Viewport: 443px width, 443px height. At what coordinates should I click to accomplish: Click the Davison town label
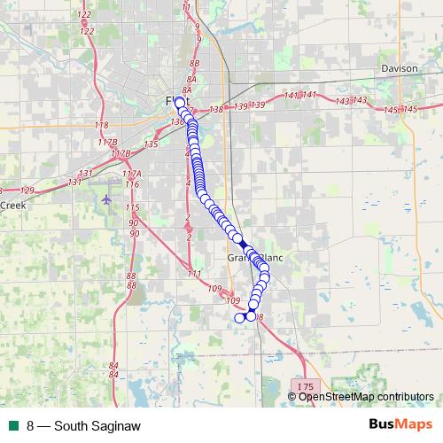pos(398,68)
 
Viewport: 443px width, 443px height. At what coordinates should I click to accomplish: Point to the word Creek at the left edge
pos(13,204)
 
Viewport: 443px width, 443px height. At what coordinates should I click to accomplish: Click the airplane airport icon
pos(107,198)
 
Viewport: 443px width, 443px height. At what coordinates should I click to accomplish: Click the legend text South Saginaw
pos(97,426)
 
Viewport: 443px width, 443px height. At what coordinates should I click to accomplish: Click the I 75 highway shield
pos(305,387)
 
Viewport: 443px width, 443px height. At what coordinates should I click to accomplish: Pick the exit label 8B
pos(196,65)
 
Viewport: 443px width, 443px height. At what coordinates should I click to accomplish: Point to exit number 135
pos(151,144)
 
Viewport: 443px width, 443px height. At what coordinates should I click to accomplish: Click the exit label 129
pos(27,190)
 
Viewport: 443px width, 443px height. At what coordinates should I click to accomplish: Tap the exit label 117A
pos(132,174)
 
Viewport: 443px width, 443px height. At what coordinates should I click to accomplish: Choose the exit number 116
pos(132,184)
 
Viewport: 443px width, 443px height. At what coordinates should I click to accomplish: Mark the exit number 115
pos(133,207)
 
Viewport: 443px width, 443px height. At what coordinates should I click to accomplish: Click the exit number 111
pos(194,273)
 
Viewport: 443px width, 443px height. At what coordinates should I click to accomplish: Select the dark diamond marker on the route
pos(243,244)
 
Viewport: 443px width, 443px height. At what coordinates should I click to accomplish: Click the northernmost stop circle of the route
pos(180,103)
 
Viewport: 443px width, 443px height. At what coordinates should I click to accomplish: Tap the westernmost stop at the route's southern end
pos(237,317)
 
